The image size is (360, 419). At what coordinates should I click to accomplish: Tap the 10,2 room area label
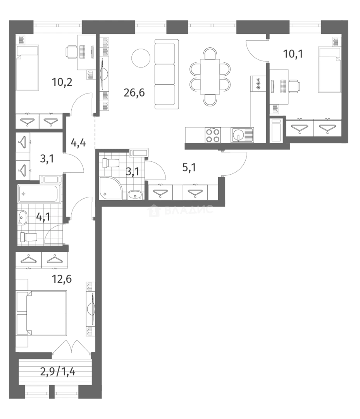click(x=62, y=82)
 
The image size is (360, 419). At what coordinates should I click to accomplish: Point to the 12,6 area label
click(x=62, y=279)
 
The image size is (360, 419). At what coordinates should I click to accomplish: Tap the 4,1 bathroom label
click(x=43, y=216)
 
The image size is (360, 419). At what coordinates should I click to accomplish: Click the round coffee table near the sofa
click(x=140, y=59)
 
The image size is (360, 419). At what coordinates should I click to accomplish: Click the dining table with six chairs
click(x=210, y=76)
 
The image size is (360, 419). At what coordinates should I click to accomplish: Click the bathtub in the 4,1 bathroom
click(x=40, y=194)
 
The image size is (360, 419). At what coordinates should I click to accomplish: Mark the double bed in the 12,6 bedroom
click(x=43, y=313)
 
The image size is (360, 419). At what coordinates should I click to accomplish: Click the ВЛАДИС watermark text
click(x=188, y=210)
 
